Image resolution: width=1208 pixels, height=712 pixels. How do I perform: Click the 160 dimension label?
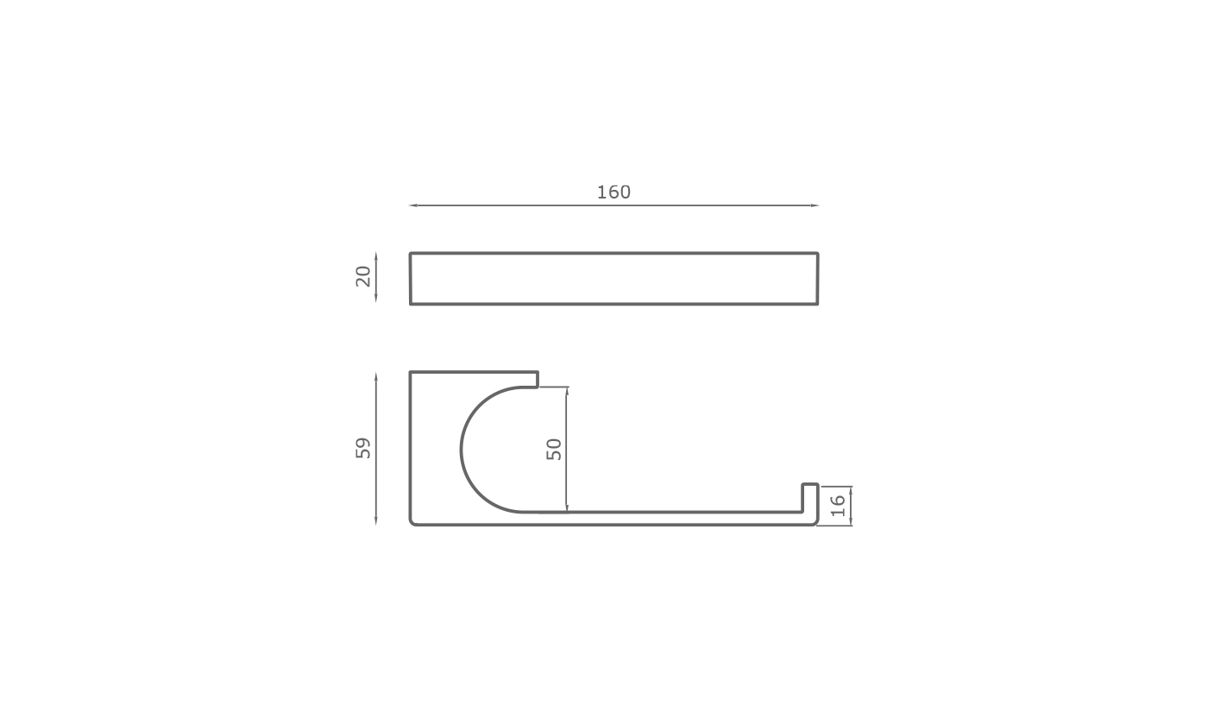click(x=613, y=192)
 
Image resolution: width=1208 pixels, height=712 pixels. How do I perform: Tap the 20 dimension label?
click(x=363, y=277)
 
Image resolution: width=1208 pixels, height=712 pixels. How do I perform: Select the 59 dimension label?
click(x=363, y=448)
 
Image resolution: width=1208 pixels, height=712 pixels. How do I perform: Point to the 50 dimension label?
click(x=554, y=450)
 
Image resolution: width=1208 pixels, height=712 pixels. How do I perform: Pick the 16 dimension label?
click(x=838, y=506)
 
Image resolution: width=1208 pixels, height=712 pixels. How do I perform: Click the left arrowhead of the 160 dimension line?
click(x=412, y=205)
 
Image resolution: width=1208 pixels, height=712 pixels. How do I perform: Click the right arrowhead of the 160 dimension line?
click(x=815, y=205)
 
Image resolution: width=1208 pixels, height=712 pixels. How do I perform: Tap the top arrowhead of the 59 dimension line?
click(x=376, y=376)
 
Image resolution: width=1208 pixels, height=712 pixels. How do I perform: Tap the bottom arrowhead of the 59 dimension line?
click(x=376, y=520)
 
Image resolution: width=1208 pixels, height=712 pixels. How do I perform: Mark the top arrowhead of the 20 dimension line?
click(x=376, y=256)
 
